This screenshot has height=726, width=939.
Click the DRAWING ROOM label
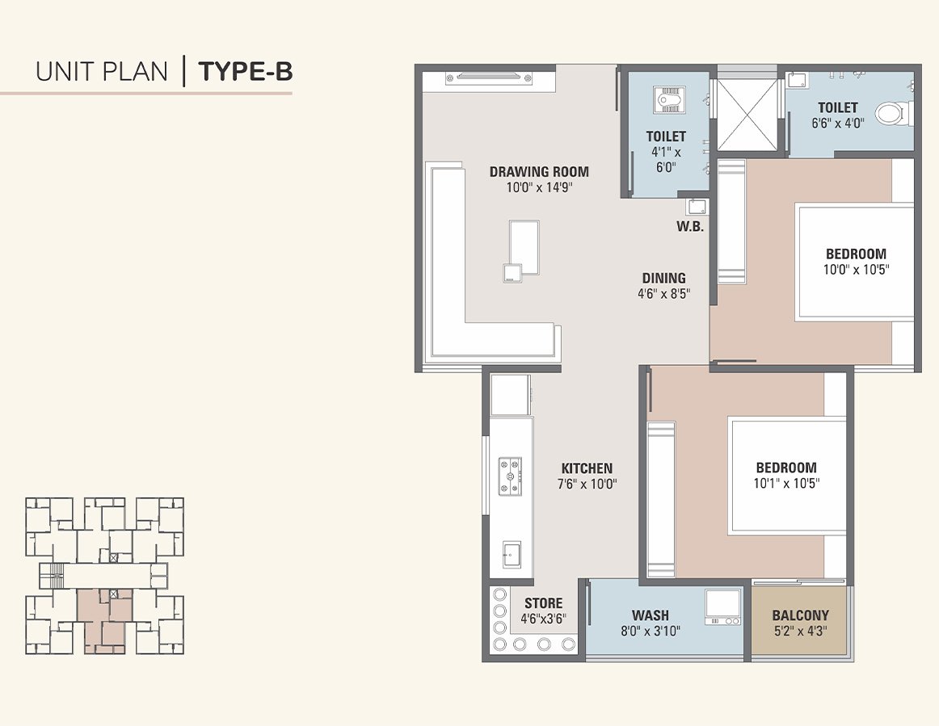pos(539,171)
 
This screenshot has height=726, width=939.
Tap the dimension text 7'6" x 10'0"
pos(587,484)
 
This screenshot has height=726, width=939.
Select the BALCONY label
pos(800,615)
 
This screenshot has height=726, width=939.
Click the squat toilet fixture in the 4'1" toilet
pos(667,100)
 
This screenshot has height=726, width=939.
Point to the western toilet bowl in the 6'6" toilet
pos(891,113)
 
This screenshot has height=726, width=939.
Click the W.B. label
pos(690,227)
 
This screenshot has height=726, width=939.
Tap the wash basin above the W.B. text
pos(697,207)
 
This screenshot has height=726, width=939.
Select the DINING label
pos(663,278)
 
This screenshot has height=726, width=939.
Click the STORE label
pos(543,603)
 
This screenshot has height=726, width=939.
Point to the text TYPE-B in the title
pos(246,72)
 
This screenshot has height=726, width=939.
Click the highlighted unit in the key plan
pos(105,619)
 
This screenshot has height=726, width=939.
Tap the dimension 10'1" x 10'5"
pos(785,484)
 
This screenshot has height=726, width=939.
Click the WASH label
pos(650,615)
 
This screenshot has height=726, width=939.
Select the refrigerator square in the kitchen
pos(509,395)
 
